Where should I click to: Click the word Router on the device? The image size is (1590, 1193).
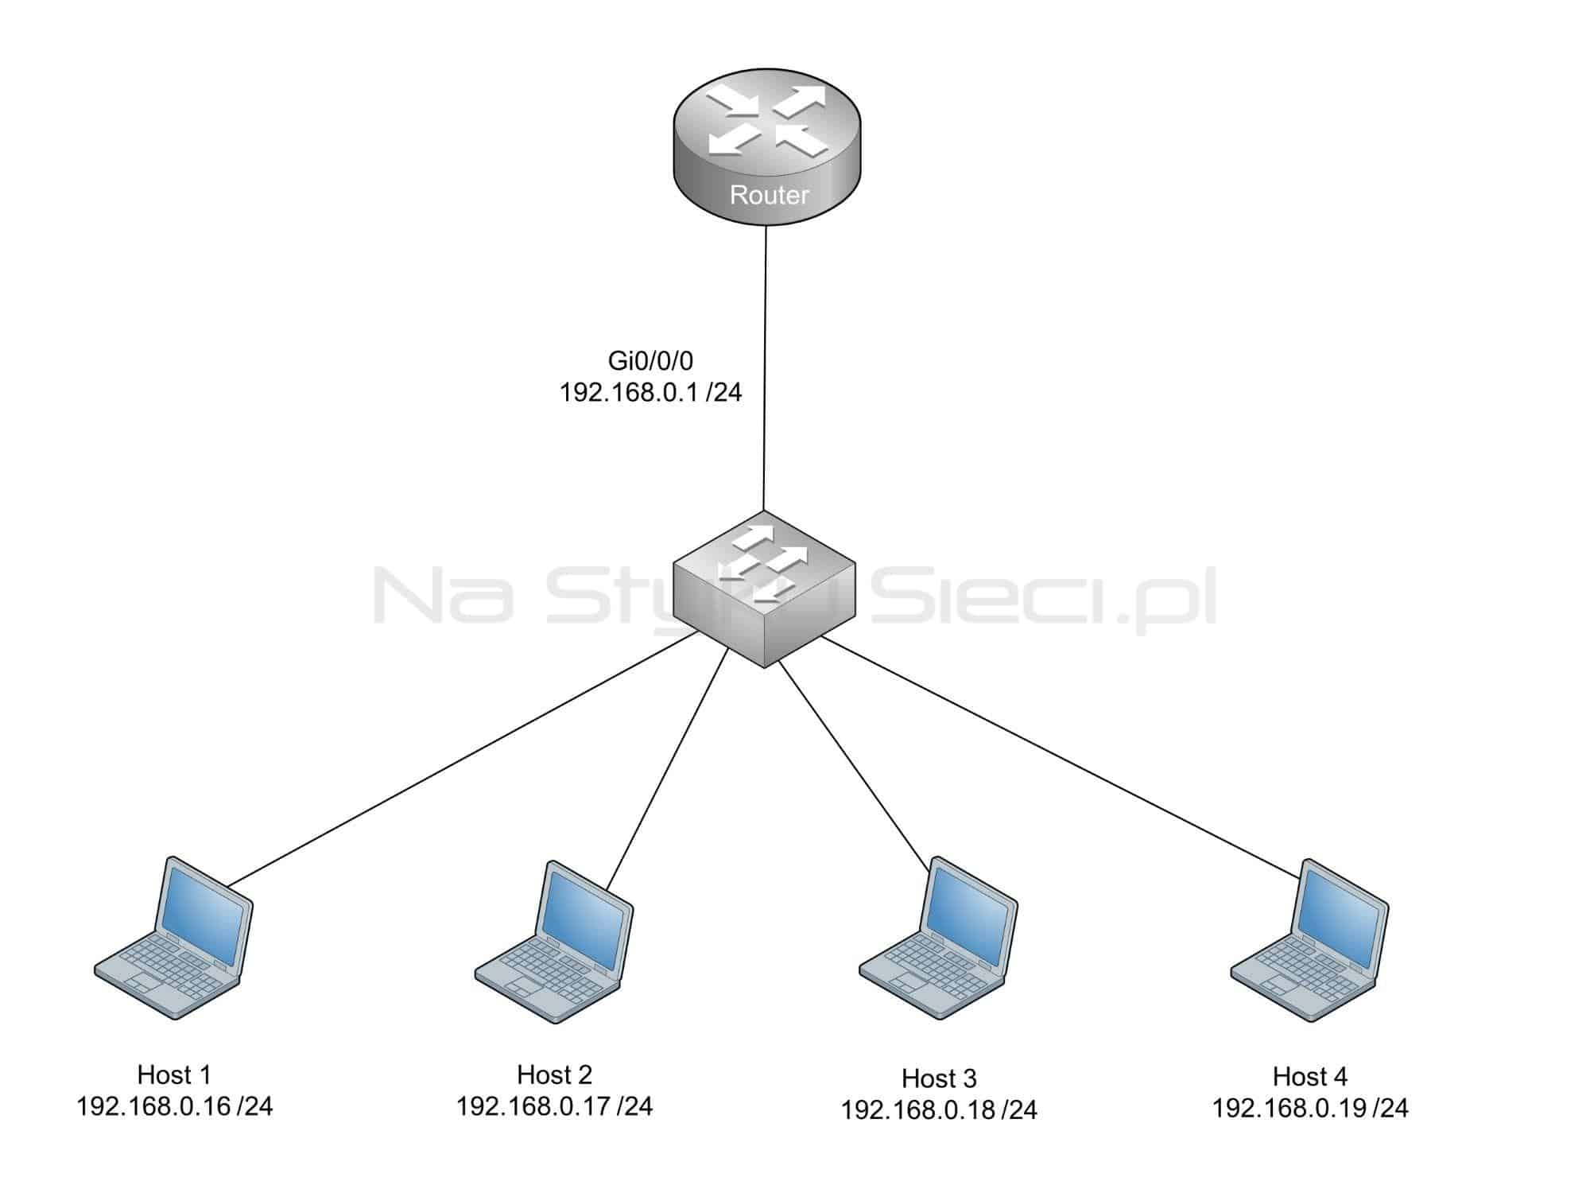[769, 195]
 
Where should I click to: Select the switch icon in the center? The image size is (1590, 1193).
[764, 589]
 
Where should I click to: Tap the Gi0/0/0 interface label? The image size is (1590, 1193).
[650, 361]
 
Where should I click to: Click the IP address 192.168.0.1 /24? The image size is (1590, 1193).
[650, 392]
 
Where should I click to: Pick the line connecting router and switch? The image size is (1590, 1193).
[765, 369]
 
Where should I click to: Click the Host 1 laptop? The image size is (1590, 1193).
[173, 938]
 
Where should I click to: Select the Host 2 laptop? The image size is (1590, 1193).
[554, 942]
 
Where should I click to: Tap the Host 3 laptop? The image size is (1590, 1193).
[939, 938]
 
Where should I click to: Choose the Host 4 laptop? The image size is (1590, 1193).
[1310, 940]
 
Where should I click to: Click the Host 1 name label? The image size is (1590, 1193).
[174, 1074]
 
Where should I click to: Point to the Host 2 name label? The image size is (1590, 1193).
[554, 1074]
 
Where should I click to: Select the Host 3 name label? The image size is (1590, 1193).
[939, 1078]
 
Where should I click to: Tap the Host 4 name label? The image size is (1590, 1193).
[1309, 1076]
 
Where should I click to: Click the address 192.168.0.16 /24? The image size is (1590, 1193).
[174, 1106]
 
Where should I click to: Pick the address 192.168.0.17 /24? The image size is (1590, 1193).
[554, 1106]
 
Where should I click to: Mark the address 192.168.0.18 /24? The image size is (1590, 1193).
[939, 1110]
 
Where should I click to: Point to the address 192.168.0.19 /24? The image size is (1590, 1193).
[1309, 1108]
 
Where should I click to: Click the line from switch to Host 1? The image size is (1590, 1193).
[463, 759]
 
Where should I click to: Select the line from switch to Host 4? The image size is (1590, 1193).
[1061, 756]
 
